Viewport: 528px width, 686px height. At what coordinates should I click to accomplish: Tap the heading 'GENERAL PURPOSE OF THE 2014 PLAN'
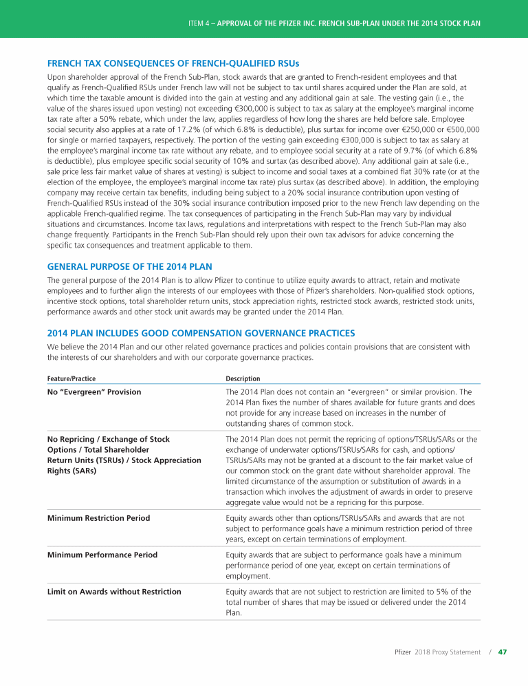129,266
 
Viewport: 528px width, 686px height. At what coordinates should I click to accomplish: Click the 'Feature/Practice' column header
71,378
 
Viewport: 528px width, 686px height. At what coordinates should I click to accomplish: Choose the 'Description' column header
243,378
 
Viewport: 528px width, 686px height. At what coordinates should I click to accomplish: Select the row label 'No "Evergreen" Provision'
94,392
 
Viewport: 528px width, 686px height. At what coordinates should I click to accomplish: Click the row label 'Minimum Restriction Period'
98,517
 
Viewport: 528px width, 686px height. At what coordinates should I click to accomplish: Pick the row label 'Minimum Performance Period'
102,555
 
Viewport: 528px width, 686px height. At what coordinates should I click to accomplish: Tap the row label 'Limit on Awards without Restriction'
114,591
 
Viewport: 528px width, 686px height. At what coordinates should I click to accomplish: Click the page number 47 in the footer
502,652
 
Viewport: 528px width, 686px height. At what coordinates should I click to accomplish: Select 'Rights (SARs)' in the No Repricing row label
71,471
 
